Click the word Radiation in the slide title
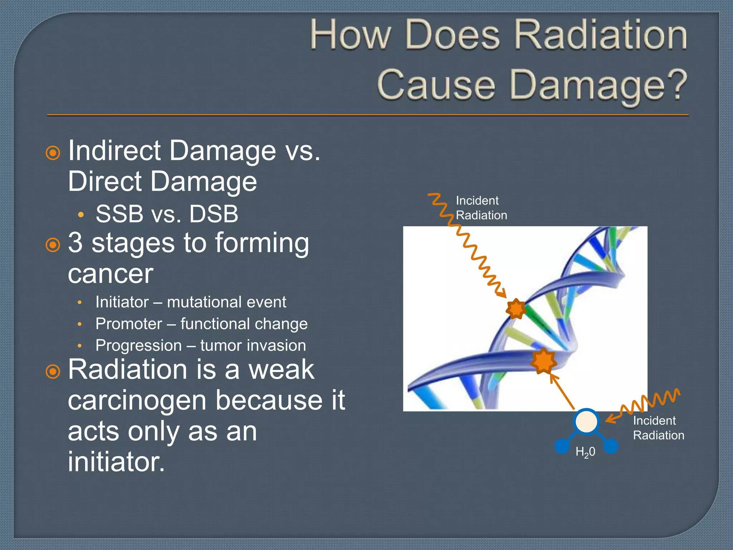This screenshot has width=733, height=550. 601,35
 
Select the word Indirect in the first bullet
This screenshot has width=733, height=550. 114,151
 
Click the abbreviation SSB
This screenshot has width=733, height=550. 120,214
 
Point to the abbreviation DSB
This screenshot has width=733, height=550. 214,214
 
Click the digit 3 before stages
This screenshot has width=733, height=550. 75,243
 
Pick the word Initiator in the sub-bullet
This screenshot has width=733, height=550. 122,302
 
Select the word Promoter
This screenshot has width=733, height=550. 129,324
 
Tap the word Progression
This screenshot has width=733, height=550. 139,346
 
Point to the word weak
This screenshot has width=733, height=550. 281,370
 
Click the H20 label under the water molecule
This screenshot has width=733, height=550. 585,452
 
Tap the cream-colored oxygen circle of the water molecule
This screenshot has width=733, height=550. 586,421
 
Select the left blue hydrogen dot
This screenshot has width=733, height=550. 562,446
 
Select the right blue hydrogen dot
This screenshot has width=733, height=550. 611,446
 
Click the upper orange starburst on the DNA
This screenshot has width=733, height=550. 516,309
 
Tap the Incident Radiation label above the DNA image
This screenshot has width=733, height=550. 481,208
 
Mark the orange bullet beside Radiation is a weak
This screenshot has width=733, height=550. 53,372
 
